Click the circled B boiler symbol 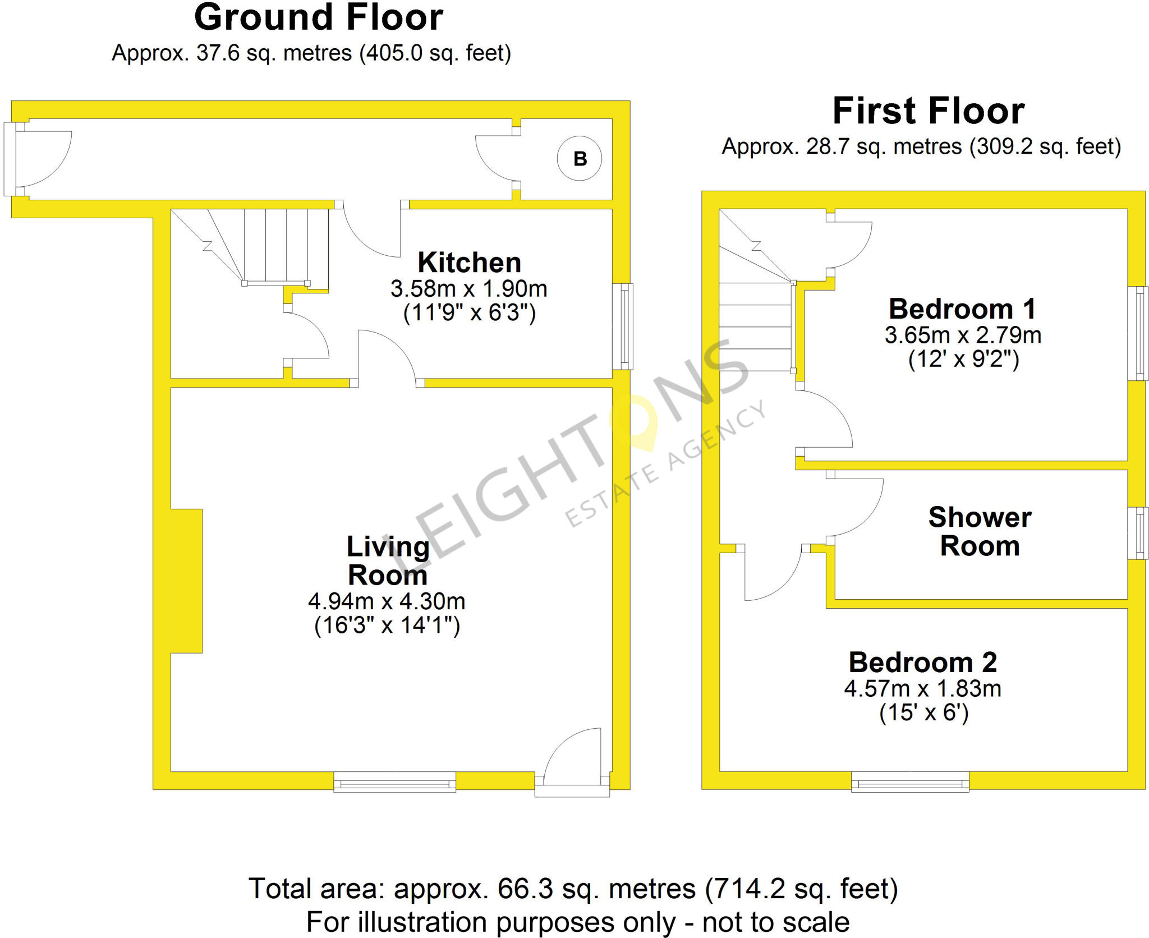[x=580, y=159]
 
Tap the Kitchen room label [x=470, y=263]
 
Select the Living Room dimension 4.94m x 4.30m [x=387, y=601]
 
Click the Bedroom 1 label [x=962, y=309]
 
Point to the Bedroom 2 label [x=923, y=662]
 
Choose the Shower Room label [x=980, y=531]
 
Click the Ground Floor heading [x=319, y=17]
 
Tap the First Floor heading [x=929, y=111]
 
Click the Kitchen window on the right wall [x=622, y=327]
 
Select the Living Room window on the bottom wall [x=395, y=781]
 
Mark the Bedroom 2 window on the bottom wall [x=910, y=781]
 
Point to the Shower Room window [x=1138, y=533]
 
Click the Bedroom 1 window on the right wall [x=1138, y=334]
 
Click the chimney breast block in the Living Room [x=186, y=581]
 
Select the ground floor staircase [x=250, y=247]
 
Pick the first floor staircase [x=757, y=290]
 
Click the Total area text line [x=573, y=889]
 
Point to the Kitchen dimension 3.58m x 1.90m [x=469, y=289]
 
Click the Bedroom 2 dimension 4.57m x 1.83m [x=923, y=688]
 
